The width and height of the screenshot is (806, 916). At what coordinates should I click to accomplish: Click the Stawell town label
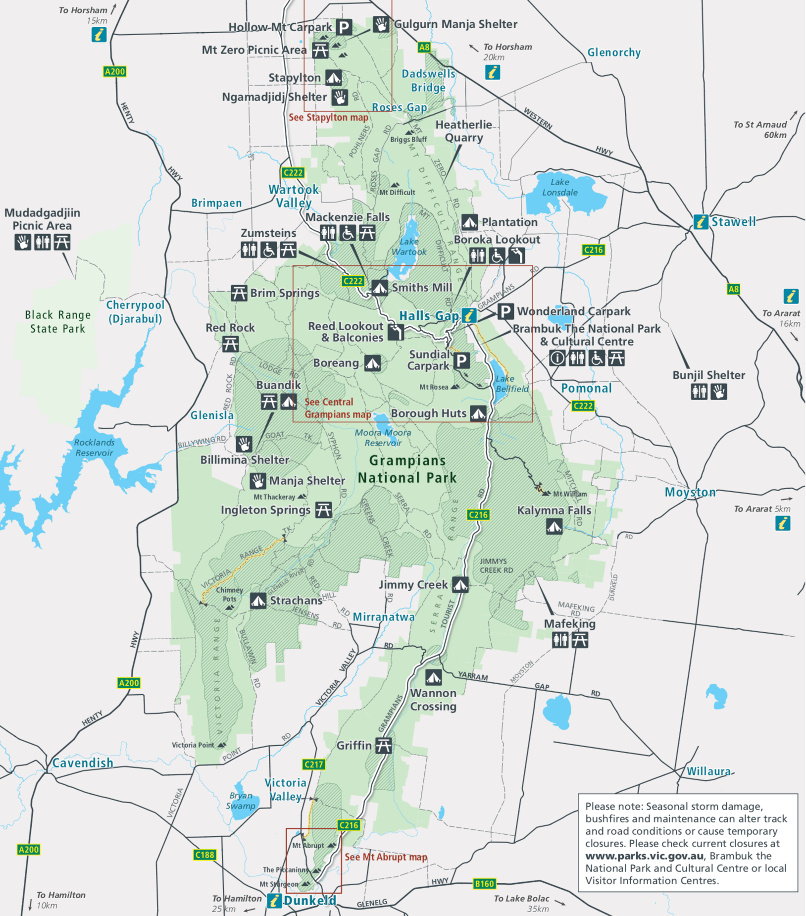coord(733,222)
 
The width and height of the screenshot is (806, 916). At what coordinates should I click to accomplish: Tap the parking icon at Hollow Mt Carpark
coord(344,27)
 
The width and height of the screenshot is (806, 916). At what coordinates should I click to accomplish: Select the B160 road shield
coord(484,884)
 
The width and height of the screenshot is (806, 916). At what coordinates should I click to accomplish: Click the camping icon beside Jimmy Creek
coord(460,585)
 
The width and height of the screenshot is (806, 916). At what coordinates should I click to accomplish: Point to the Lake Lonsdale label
coord(559,187)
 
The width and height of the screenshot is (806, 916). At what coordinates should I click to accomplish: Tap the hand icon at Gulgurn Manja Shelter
coord(381,24)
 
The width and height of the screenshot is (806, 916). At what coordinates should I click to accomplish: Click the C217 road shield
coord(313,764)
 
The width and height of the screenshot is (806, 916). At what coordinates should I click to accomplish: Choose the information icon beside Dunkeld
coord(274,901)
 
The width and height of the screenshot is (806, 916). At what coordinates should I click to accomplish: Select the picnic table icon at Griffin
coord(383,745)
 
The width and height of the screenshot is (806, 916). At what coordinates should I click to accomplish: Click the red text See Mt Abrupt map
coord(386,857)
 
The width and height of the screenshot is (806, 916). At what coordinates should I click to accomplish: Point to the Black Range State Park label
coord(58,322)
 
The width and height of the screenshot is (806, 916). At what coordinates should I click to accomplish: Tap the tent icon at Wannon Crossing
coord(433,677)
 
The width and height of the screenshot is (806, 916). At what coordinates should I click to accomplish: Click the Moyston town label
coord(690,492)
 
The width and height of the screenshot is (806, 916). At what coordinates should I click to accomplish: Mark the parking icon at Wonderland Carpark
coord(505,311)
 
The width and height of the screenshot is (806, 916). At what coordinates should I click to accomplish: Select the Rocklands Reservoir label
coord(94,448)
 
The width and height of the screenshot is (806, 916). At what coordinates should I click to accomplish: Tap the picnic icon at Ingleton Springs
coord(324,509)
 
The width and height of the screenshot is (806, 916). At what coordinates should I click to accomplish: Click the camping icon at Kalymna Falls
coord(554,526)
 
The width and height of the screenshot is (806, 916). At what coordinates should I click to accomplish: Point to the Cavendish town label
coord(83,763)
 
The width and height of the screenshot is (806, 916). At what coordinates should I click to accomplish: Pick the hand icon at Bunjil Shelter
coord(719,392)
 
